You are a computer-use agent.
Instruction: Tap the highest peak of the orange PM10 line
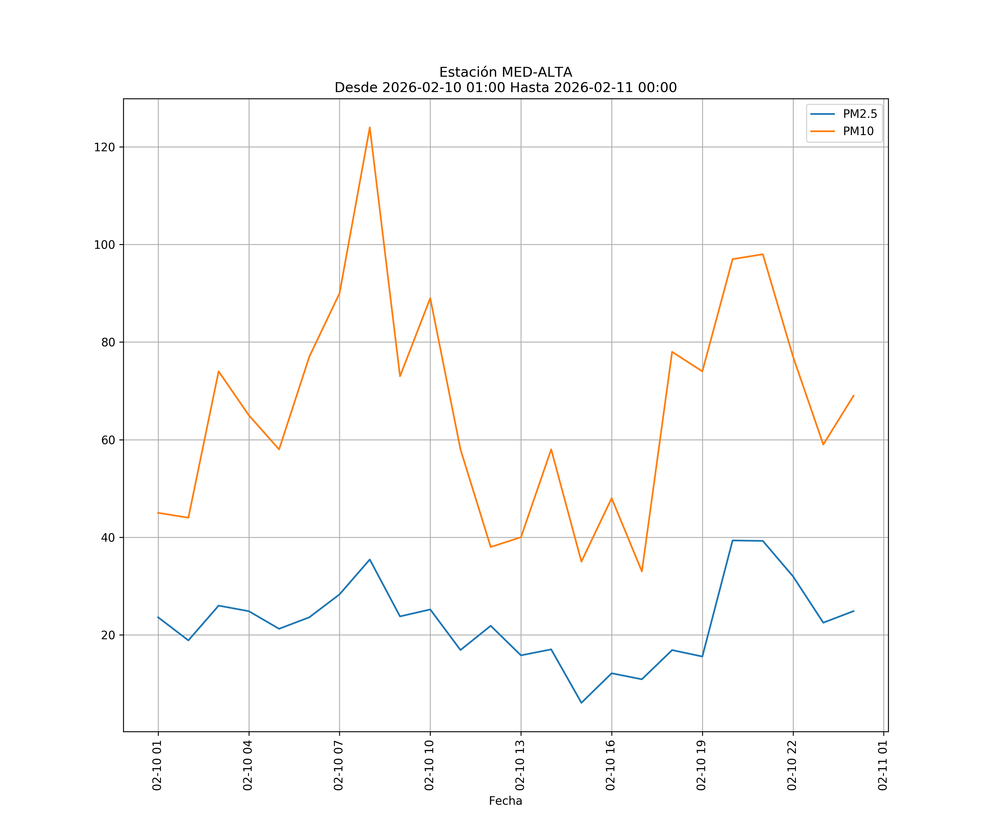[370, 127]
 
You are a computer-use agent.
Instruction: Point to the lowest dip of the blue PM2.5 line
[582, 703]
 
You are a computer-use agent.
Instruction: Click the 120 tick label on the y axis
[104, 147]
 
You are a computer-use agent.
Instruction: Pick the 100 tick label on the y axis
[104, 245]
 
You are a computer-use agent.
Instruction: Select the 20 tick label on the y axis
[108, 635]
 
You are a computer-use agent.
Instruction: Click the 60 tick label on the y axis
[108, 440]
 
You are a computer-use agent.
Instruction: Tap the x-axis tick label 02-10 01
[157, 765]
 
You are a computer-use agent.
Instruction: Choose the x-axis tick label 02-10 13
[520, 765]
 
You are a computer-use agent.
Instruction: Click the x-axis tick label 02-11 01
[883, 765]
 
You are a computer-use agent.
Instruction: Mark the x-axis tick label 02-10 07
[339, 765]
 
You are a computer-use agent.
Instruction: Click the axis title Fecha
[505, 801]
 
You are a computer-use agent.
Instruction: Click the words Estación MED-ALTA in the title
[505, 72]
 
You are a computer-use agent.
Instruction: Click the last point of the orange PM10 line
[853, 395]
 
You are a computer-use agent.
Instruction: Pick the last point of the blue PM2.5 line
[853, 611]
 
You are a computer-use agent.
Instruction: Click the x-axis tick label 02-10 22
[792, 765]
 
